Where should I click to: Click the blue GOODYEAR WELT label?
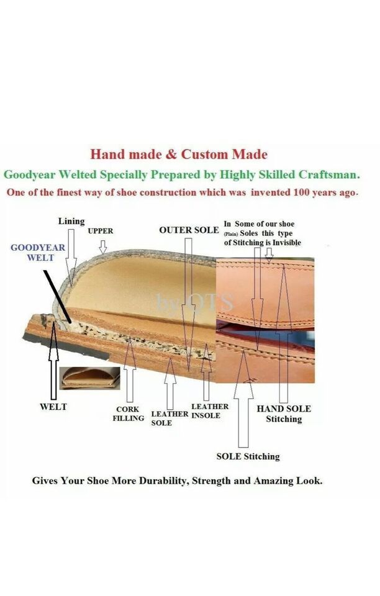pos(38,253)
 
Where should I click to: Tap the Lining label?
pos(71,221)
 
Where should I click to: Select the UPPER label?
pos(101,231)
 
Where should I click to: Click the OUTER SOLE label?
pos(189,230)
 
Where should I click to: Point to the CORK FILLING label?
pos(129,413)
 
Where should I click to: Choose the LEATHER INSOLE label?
pos(210,411)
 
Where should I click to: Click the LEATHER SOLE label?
pos(170,418)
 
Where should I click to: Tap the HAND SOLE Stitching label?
pos(284,414)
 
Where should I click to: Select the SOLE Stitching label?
pos(248,456)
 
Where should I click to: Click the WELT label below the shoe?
pos(53,407)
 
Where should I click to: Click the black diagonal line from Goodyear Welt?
pos(57,297)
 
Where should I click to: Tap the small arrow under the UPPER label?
pos(102,247)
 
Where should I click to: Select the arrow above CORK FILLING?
pos(130,370)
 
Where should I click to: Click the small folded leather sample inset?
pos(89,379)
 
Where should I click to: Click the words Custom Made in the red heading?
pos(224,155)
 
